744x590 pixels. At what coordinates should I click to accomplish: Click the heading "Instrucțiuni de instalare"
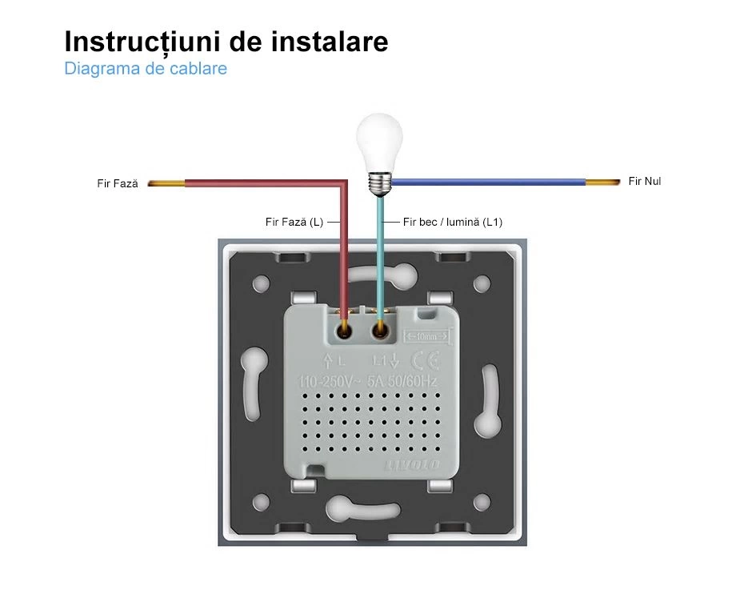(x=226, y=42)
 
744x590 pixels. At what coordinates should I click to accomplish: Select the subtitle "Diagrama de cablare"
(x=146, y=69)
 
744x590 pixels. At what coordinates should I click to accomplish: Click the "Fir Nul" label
(x=645, y=182)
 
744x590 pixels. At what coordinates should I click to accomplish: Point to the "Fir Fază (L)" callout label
(x=294, y=222)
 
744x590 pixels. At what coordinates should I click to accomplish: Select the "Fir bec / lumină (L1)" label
(x=453, y=222)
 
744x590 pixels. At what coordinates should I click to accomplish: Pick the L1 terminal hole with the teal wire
(x=381, y=327)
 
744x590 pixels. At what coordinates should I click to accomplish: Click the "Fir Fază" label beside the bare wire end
(x=118, y=184)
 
